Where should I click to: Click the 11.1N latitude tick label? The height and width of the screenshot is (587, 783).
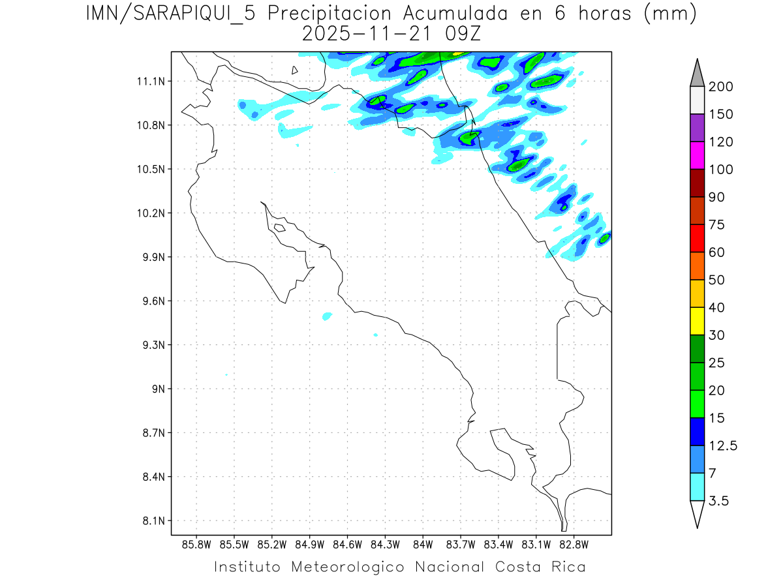[x=149, y=82]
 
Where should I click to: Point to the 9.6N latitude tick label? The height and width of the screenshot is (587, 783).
[x=152, y=301]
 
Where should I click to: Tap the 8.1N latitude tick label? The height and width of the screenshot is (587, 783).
[x=152, y=521]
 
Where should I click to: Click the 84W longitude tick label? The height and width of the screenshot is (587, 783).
[x=423, y=544]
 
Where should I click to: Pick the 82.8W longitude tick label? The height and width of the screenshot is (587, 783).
[x=574, y=544]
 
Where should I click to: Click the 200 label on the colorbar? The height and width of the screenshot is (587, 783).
[x=720, y=87]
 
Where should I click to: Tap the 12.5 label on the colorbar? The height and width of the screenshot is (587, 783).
[x=722, y=445]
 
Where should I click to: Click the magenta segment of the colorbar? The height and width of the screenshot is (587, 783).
[x=697, y=155]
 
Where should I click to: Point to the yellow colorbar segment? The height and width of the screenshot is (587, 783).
[x=697, y=320]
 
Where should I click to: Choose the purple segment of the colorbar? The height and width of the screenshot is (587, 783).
[x=697, y=128]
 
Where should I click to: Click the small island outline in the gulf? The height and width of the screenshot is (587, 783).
[x=279, y=228]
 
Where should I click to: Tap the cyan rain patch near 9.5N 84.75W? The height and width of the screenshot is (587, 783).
[x=327, y=316]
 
